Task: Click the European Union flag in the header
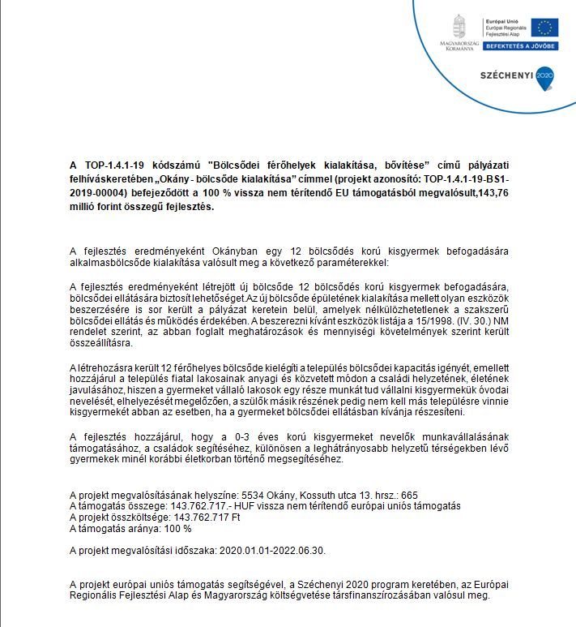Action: (x=544, y=27)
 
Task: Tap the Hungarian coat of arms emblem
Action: (x=459, y=24)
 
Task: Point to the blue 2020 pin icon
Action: (x=544, y=75)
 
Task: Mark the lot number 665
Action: (x=408, y=495)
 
